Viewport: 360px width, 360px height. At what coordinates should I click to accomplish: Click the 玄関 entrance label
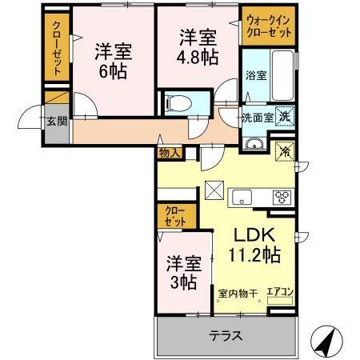(x=54, y=121)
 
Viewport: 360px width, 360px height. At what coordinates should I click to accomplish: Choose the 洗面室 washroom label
(x=258, y=117)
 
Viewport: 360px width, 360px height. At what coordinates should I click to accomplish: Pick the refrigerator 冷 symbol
(x=284, y=150)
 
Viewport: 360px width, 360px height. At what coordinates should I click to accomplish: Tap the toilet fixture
(x=178, y=103)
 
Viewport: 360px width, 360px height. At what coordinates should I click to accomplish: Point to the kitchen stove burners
(x=283, y=195)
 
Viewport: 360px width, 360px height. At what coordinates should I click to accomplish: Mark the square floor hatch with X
(x=215, y=192)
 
